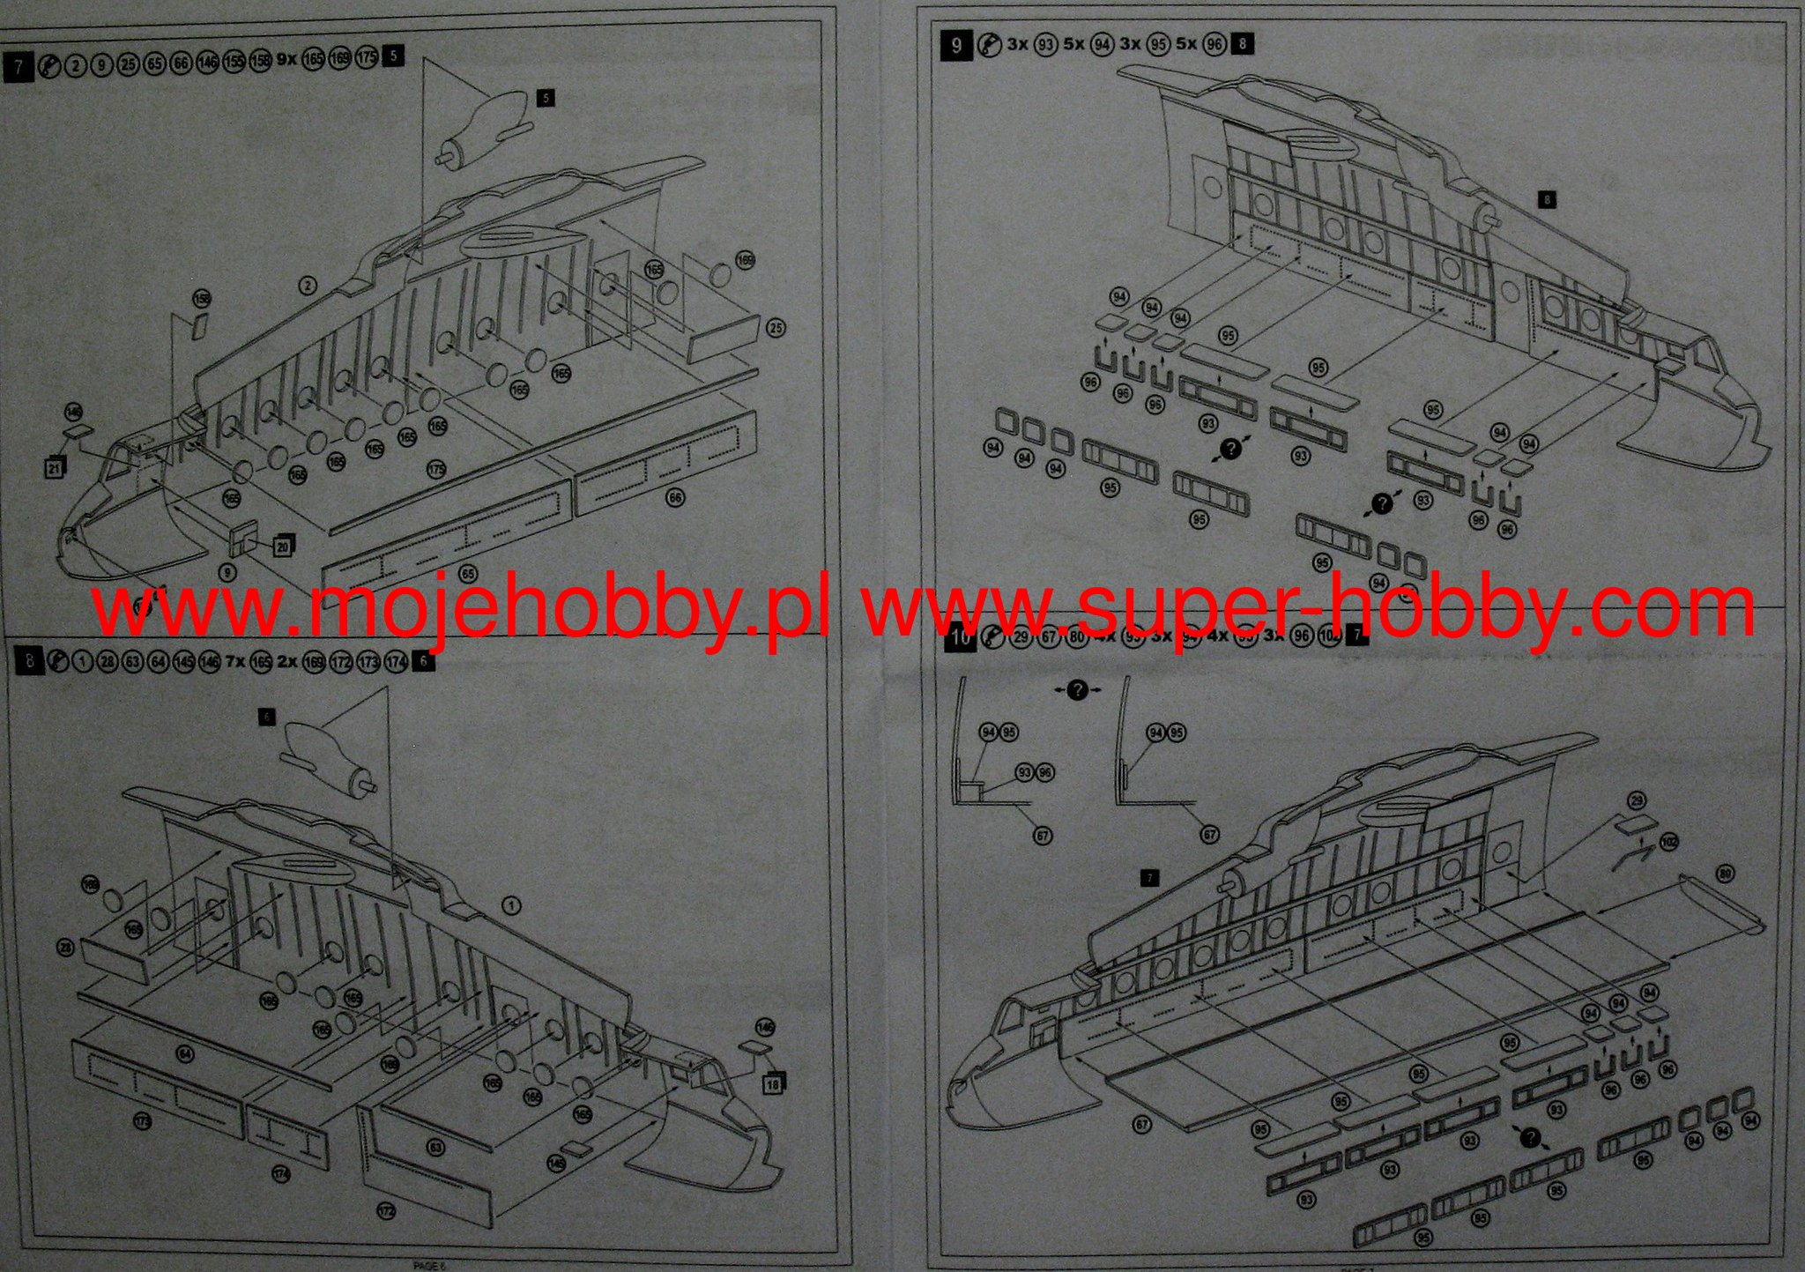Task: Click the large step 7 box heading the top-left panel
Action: point(19,67)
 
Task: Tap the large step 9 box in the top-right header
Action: point(956,43)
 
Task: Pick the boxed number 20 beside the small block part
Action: point(283,546)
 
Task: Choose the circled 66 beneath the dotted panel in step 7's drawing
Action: point(675,498)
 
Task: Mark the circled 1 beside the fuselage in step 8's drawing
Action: point(511,905)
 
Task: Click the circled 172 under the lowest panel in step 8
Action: point(386,1211)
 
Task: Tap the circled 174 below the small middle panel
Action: point(281,1174)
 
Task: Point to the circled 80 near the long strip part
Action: point(1725,874)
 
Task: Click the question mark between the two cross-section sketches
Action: point(1077,690)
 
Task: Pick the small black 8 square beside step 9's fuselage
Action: point(1548,200)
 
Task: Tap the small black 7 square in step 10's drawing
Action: point(1149,878)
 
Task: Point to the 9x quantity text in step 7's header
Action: point(287,59)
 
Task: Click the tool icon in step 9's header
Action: point(990,43)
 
